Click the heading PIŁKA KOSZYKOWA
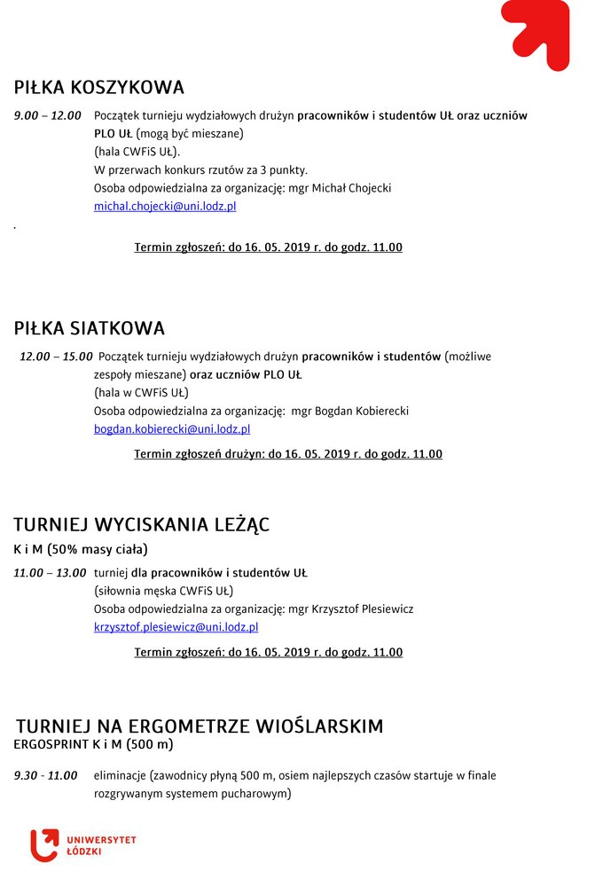point(99,88)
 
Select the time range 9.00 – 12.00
point(48,115)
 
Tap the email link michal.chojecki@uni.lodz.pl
point(165,207)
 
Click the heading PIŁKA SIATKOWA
point(90,328)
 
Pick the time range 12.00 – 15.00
point(56,357)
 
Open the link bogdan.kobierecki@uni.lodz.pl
point(172,429)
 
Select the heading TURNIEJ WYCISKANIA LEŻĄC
point(142,524)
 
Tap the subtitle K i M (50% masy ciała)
point(81,549)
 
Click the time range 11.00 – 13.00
point(50,573)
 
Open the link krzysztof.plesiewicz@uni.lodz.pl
point(176,627)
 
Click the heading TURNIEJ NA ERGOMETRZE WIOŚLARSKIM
point(200,726)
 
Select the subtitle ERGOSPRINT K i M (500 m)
point(93,744)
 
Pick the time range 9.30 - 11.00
point(46,776)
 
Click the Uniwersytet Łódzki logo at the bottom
point(82,844)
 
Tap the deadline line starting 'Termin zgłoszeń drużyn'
point(288,454)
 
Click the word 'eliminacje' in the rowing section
point(120,776)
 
